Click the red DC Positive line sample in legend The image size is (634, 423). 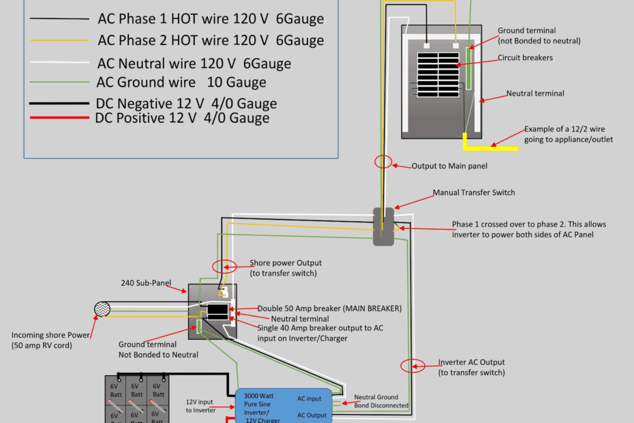(59, 118)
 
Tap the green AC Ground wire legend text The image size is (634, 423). (181, 83)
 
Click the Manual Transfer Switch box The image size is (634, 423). (384, 227)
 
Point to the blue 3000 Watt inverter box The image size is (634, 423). (284, 405)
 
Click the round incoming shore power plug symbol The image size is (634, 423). (103, 310)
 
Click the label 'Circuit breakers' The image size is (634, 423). (525, 58)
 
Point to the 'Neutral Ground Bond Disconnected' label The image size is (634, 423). (381, 401)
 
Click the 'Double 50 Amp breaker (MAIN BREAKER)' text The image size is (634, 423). (329, 308)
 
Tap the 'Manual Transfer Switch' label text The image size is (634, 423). (474, 193)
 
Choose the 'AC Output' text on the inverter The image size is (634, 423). (310, 415)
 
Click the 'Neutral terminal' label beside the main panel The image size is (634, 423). (535, 93)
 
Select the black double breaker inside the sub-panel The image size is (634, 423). (218, 311)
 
